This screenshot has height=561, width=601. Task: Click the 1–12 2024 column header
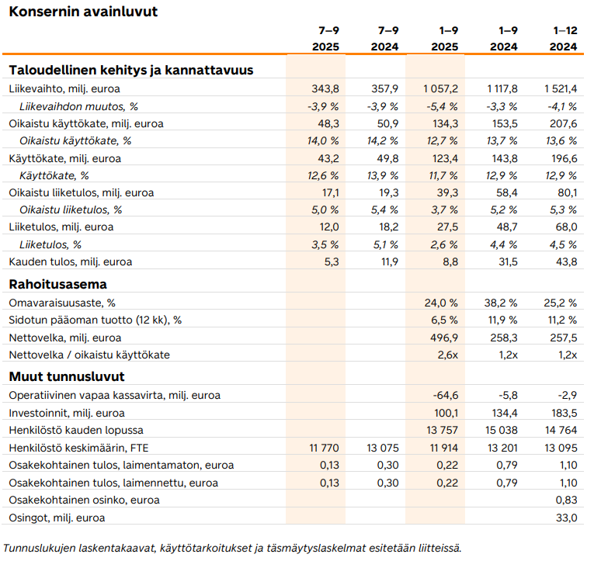coord(565,39)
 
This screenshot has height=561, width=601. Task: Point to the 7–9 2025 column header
coord(325,39)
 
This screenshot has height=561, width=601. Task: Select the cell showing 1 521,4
coord(561,88)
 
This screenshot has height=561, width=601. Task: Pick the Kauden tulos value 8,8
coord(450,261)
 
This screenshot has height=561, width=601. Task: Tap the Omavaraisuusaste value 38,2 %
coord(502,303)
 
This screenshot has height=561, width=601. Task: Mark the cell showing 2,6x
coord(448,355)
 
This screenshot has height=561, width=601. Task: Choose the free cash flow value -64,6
coord(446,395)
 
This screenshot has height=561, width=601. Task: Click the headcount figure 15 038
coord(502,430)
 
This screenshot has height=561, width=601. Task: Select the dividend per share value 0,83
coord(568,500)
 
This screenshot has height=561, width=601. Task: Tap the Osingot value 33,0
coord(568,518)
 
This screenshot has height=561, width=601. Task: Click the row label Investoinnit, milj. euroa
coord(66,413)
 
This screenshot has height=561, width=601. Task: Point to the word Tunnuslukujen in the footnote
coord(37,548)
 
